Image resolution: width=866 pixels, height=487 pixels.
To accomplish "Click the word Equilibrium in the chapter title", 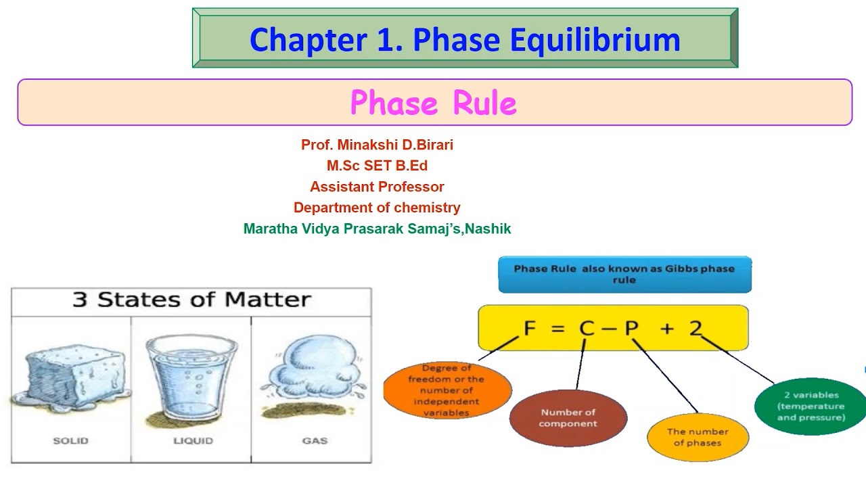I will click(x=595, y=41).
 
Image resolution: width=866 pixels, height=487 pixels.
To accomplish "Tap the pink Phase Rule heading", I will click(x=434, y=103).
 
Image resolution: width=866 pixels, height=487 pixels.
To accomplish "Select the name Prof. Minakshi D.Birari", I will click(x=377, y=145).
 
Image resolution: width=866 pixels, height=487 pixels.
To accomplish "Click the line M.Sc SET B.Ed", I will click(x=377, y=166).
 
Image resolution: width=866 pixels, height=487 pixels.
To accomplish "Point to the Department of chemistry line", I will click(x=377, y=208).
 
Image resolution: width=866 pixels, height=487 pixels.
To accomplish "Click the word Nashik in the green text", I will click(x=488, y=229).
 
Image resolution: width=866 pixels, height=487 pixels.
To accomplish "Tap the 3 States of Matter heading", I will click(x=191, y=300).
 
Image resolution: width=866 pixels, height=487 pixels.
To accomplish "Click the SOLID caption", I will click(x=70, y=440).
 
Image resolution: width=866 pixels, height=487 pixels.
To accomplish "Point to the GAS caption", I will click(x=315, y=440).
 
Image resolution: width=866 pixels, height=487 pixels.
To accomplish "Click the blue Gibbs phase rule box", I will click(x=624, y=274).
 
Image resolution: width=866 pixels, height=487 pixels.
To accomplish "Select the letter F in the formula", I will click(x=530, y=328).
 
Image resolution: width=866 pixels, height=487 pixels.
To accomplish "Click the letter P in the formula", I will click(x=631, y=328).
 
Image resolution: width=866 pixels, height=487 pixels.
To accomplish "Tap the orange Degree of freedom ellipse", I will click(x=447, y=390).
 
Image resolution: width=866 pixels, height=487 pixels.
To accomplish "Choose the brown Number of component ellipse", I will click(x=568, y=418).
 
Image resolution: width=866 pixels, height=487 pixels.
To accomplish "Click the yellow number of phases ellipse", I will click(x=698, y=437).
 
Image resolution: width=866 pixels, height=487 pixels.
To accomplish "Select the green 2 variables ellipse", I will click(x=811, y=405).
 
